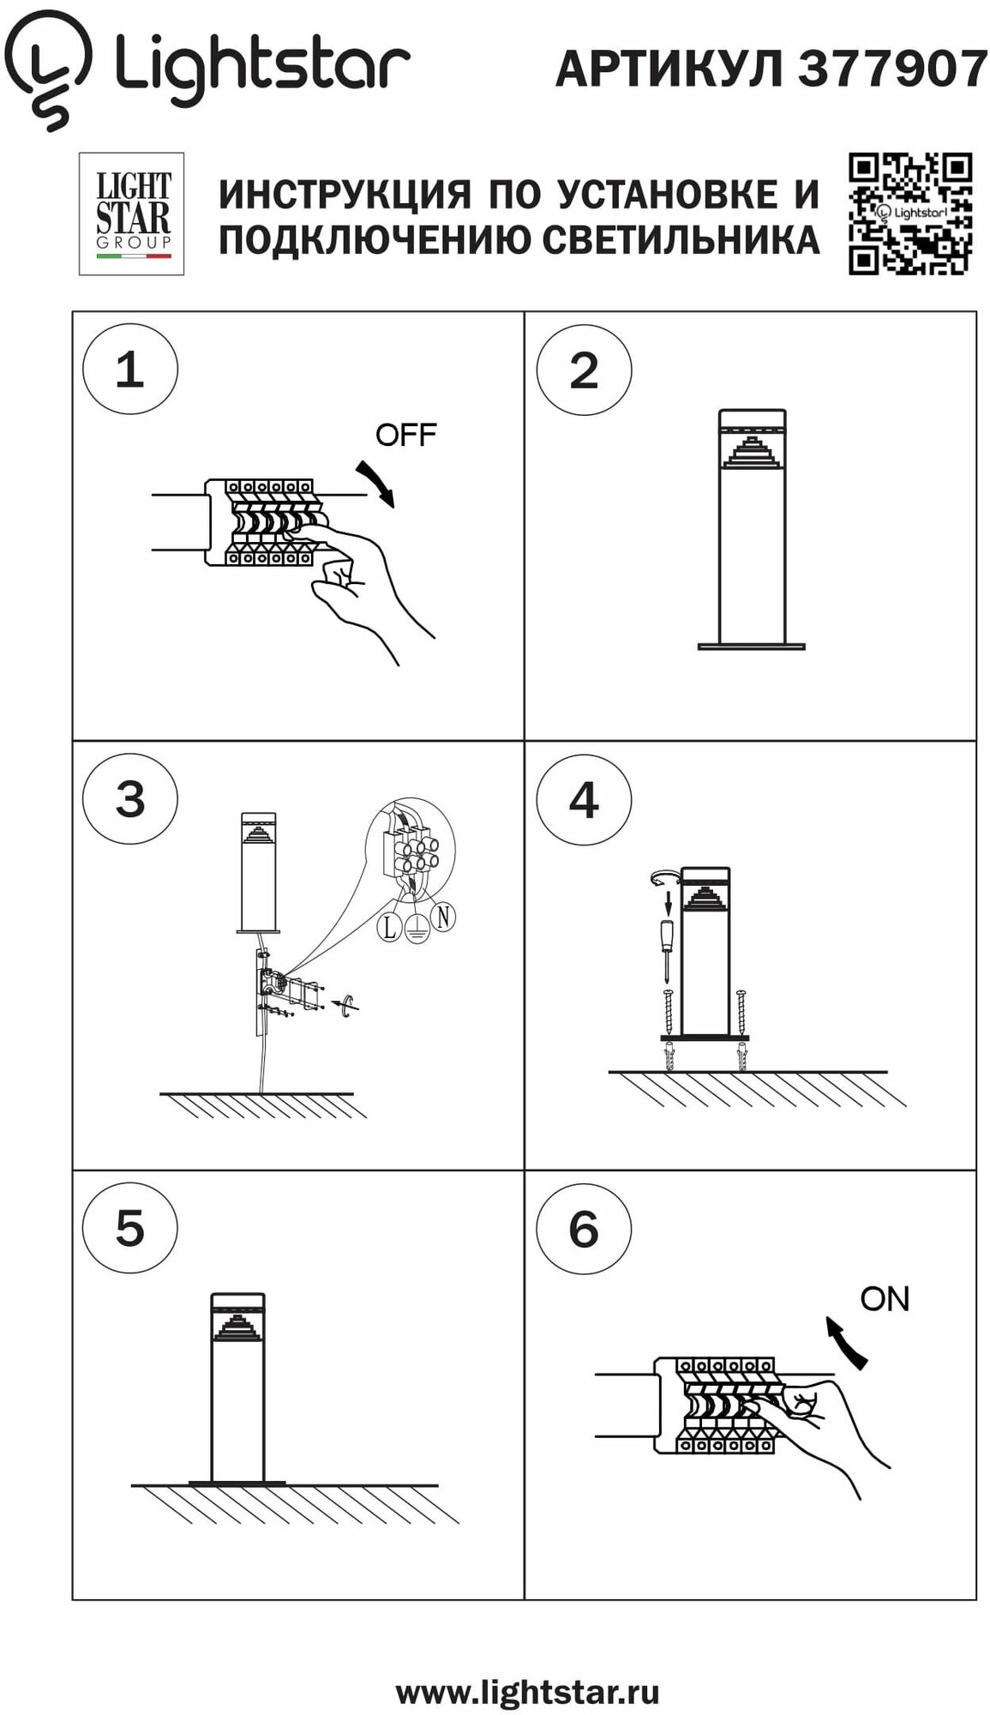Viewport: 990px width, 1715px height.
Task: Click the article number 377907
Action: (x=893, y=69)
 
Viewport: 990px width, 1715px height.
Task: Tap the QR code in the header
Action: (x=910, y=214)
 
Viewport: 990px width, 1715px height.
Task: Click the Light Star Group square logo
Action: (x=132, y=214)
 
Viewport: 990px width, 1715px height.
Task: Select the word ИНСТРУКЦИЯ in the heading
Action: (x=345, y=195)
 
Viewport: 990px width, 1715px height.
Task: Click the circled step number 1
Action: (x=130, y=370)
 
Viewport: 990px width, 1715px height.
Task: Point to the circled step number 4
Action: (x=584, y=800)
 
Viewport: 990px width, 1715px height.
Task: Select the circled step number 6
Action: (x=584, y=1229)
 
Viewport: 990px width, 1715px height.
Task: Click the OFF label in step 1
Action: (x=405, y=435)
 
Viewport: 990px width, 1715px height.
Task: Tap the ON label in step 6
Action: (x=885, y=1299)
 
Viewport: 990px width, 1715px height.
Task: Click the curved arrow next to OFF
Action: (x=377, y=483)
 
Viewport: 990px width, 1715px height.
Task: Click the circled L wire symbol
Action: (x=390, y=927)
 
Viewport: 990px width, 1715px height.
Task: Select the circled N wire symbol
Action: (x=442, y=917)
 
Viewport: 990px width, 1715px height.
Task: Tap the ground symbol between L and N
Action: (x=417, y=930)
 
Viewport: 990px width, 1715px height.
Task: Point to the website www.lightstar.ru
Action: (x=527, y=1693)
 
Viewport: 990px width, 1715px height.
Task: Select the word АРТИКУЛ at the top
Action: (x=669, y=69)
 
